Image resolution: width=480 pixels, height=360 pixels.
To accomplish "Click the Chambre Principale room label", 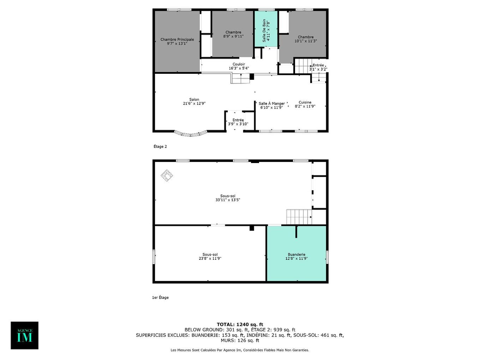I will click(x=177, y=40).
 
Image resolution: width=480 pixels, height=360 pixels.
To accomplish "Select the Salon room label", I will click(x=194, y=100).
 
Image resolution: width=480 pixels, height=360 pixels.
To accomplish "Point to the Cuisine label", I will click(x=305, y=102).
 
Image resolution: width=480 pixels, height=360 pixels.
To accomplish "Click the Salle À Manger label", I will click(x=271, y=104).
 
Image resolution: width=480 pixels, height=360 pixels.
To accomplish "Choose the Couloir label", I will click(x=239, y=64).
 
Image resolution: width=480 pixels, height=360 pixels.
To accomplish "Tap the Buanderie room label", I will click(x=296, y=254).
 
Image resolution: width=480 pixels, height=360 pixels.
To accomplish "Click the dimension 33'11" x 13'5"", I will click(x=228, y=200).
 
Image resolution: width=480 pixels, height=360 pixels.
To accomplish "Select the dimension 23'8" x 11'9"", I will click(x=210, y=258).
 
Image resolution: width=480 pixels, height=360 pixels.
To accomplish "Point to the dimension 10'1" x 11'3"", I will click(x=306, y=41).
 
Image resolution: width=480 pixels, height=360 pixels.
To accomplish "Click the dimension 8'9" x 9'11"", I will click(x=233, y=36).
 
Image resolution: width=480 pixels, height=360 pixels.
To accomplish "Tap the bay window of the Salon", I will click(x=191, y=134).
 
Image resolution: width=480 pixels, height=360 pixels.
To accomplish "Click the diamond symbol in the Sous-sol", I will click(x=167, y=175).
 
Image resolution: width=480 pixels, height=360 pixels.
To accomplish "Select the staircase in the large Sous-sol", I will click(x=299, y=217).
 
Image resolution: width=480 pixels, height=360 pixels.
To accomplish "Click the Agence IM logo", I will click(x=24, y=335).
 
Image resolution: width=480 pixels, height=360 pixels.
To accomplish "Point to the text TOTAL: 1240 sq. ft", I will click(x=240, y=324).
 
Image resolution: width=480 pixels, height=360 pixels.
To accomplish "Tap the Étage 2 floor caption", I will click(x=160, y=146).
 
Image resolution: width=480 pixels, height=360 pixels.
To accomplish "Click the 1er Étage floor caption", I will click(x=160, y=298).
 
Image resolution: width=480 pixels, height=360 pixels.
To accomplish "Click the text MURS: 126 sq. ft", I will click(x=240, y=341).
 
